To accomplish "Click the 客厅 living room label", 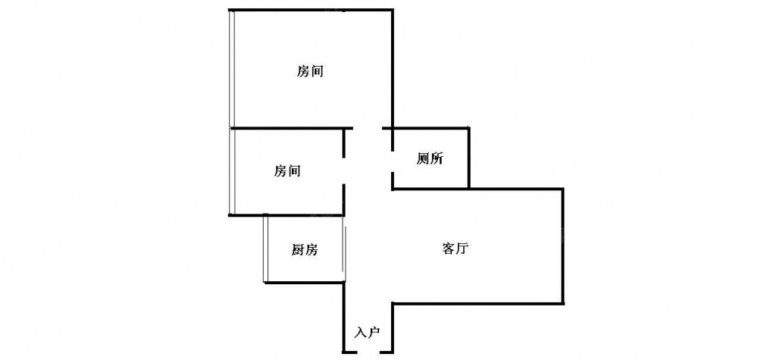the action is click(x=456, y=249).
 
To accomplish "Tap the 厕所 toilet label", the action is click(x=429, y=158).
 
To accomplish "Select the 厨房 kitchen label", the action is click(x=305, y=249).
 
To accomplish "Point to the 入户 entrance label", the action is click(x=368, y=333).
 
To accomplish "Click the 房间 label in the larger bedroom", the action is click(x=310, y=71).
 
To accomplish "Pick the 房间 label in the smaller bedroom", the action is click(x=287, y=171).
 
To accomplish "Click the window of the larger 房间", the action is click(x=232, y=69).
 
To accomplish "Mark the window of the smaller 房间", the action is click(x=232, y=171).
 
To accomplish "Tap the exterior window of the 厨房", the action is click(x=265, y=249).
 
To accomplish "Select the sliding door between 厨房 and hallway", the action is click(x=344, y=249).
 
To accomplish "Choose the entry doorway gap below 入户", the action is click(x=368, y=352).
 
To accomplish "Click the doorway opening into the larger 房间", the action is click(x=368, y=128).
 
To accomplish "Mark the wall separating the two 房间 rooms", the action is click(x=290, y=128).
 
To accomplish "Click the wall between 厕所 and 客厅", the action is click(x=431, y=188).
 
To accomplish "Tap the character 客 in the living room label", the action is click(x=449, y=249).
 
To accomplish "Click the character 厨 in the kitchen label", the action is click(x=298, y=249).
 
